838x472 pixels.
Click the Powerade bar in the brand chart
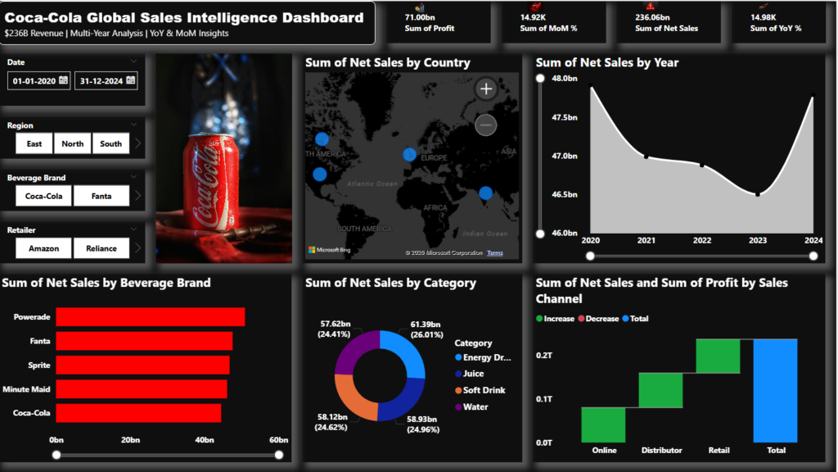click(x=150, y=317)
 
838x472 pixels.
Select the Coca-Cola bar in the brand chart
click(x=138, y=413)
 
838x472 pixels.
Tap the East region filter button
click(x=34, y=143)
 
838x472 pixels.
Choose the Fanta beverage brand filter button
click(x=101, y=196)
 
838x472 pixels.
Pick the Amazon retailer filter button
click(x=43, y=248)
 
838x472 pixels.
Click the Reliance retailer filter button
click(x=101, y=248)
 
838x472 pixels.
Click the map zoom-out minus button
click(x=486, y=125)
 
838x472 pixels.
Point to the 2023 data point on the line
click(x=758, y=194)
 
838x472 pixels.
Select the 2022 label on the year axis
click(x=702, y=240)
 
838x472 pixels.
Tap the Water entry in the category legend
click(x=475, y=406)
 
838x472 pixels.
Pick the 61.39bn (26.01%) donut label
click(x=426, y=330)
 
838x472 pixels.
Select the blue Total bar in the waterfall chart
click(x=776, y=390)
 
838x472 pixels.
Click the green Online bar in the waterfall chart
click(x=603, y=424)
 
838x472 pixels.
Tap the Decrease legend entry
click(x=602, y=319)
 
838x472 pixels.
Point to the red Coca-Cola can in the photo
click(x=208, y=180)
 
